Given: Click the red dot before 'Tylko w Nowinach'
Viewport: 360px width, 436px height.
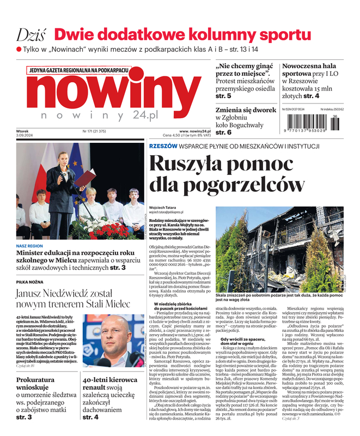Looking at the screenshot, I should click(19, 50).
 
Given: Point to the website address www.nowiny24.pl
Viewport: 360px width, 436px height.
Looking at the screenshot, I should click(195, 131).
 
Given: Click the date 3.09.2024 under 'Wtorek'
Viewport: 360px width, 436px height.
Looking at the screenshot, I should click(26, 136).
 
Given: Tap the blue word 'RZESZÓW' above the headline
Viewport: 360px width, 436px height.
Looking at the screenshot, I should click(163, 146).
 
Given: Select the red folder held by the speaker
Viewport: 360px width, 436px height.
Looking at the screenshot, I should click(86, 178).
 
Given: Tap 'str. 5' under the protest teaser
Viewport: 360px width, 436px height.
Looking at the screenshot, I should click(223, 96).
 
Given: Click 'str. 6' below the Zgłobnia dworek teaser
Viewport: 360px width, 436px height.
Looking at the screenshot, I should click(223, 132).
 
